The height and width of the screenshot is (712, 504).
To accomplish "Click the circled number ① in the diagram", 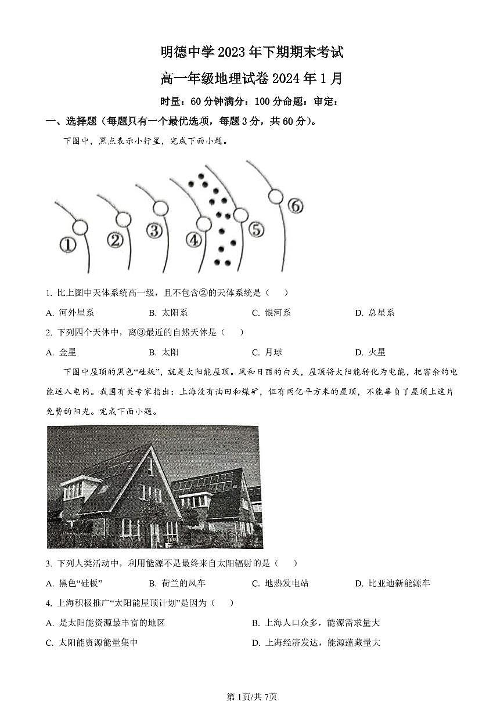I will point(68,245).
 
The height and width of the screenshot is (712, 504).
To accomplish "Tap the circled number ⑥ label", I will point(295,205).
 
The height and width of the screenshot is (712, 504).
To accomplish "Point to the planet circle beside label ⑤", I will point(240,215).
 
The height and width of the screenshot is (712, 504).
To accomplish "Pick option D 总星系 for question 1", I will point(375,313).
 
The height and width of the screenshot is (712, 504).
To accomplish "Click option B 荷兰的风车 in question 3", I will point(177,583).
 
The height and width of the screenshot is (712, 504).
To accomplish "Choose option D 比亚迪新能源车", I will point(393,583).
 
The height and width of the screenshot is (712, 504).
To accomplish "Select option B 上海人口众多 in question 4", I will point(316,623).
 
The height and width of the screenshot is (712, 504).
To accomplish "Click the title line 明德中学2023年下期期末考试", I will point(252,53).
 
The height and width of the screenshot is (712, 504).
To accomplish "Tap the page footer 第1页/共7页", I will point(251,696).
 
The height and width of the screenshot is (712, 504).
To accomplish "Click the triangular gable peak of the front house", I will point(150,449).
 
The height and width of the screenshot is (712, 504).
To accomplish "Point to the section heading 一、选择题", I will point(73,121).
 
